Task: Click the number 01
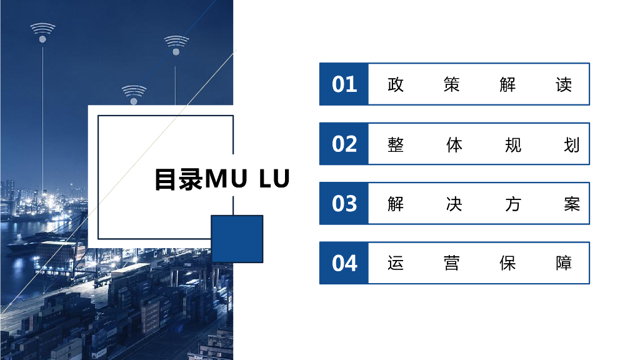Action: [x=344, y=84]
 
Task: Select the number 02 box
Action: [x=344, y=144]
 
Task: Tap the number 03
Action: [x=344, y=204]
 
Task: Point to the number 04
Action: [x=344, y=263]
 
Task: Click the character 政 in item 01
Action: [x=396, y=84]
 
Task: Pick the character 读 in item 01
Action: [x=564, y=84]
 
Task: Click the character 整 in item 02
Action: [x=396, y=144]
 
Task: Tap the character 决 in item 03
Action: [x=454, y=204]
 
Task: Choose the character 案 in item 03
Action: [x=572, y=204]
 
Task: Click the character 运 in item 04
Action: [x=396, y=263]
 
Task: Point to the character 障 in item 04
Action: [x=564, y=263]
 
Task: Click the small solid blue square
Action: [x=237, y=239]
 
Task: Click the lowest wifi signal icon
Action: [x=134, y=94]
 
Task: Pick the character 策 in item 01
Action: [x=451, y=84]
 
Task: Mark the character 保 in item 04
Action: [x=507, y=263]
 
